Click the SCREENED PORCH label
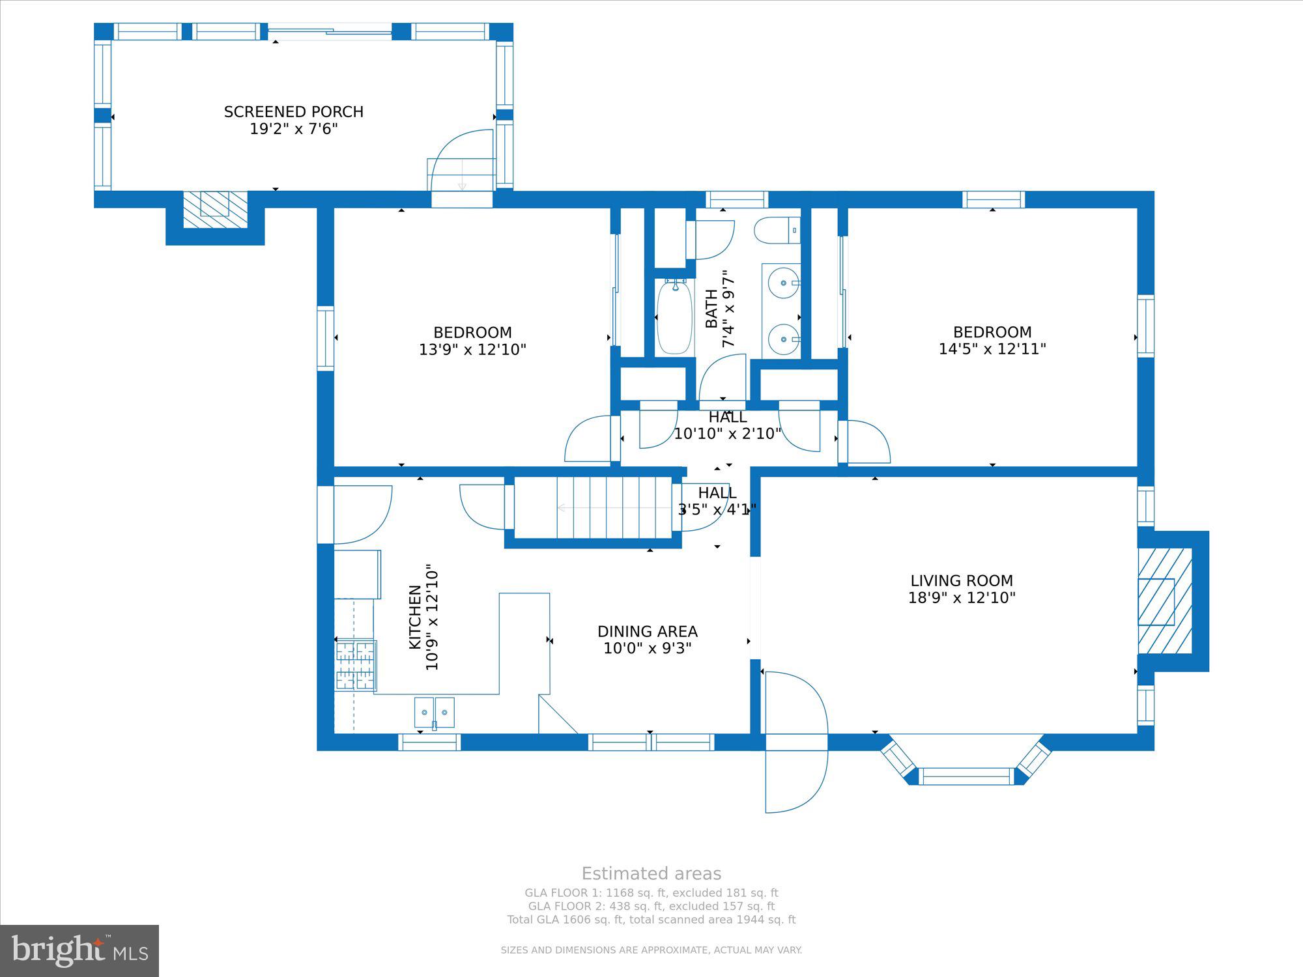tap(294, 112)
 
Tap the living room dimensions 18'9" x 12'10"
tap(962, 598)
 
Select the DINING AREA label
tap(648, 632)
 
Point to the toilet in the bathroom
tap(777, 230)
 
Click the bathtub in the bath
tap(674, 317)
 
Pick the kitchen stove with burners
tap(356, 665)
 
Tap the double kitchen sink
tap(435, 712)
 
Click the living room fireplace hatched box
tap(1165, 601)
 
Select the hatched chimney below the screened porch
tap(215, 209)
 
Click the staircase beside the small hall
tap(593, 508)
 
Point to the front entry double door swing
tap(796, 743)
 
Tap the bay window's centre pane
tap(966, 776)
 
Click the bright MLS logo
tap(79, 950)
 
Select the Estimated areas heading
tap(651, 873)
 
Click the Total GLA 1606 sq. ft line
tap(651, 920)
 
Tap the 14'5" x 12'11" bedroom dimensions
tap(992, 349)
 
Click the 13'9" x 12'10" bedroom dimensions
tap(472, 350)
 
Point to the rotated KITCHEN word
tap(414, 617)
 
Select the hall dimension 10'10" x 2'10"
tap(727, 434)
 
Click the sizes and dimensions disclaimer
tap(651, 950)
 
